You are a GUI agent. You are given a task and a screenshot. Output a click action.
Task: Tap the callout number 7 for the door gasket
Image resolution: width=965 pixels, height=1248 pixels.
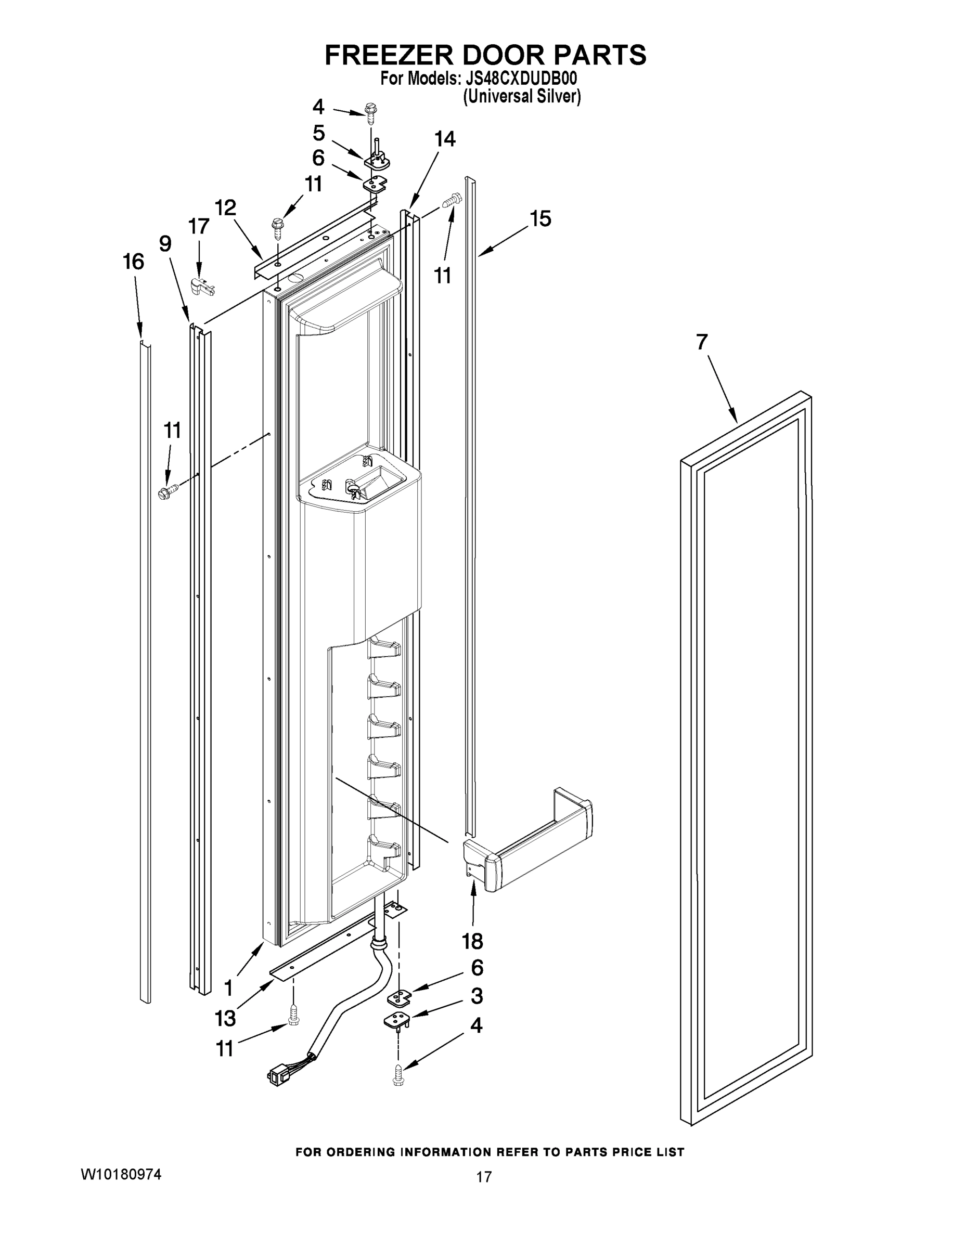tap(702, 343)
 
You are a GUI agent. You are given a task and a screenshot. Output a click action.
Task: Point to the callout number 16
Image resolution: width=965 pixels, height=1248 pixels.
tap(133, 262)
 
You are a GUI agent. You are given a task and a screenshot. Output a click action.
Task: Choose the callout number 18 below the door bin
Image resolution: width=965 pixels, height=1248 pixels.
tap(473, 941)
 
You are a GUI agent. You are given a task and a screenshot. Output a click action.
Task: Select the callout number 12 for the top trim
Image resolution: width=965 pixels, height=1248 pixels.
tap(226, 208)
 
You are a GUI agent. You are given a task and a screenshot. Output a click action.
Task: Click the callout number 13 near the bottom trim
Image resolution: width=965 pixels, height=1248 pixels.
tap(225, 1018)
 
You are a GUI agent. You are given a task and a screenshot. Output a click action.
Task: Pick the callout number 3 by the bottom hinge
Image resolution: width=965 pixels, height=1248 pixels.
tap(476, 996)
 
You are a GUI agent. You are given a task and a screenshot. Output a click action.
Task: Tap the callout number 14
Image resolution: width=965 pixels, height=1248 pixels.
tap(445, 139)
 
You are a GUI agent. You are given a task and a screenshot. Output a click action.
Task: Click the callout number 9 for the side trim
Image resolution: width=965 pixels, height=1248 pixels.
tap(165, 244)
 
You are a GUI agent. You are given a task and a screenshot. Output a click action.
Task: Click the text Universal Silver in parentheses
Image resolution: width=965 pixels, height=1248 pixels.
tap(521, 97)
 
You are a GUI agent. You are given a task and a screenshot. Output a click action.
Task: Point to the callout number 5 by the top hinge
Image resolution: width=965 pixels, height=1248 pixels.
tap(318, 133)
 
